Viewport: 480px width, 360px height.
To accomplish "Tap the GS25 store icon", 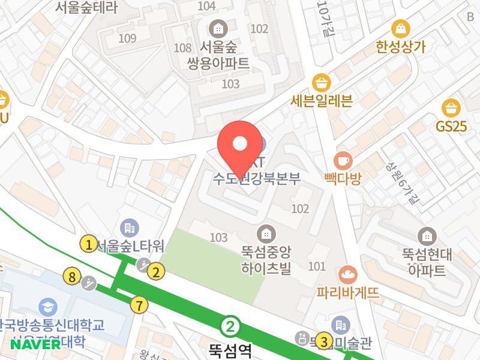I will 451,109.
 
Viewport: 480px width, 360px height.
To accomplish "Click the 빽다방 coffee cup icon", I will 343,161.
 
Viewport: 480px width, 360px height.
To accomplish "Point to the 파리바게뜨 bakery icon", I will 347,275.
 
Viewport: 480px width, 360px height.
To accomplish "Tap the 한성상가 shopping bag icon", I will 399,28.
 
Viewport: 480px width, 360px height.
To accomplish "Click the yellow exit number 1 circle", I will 89,244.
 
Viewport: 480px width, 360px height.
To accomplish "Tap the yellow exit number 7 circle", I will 139,305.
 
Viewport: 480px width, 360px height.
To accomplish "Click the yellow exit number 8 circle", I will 72,277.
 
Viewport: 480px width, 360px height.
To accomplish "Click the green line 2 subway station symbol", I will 230,327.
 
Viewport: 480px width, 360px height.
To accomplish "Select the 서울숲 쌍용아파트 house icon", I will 217,28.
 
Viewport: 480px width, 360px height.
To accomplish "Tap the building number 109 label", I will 128,39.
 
